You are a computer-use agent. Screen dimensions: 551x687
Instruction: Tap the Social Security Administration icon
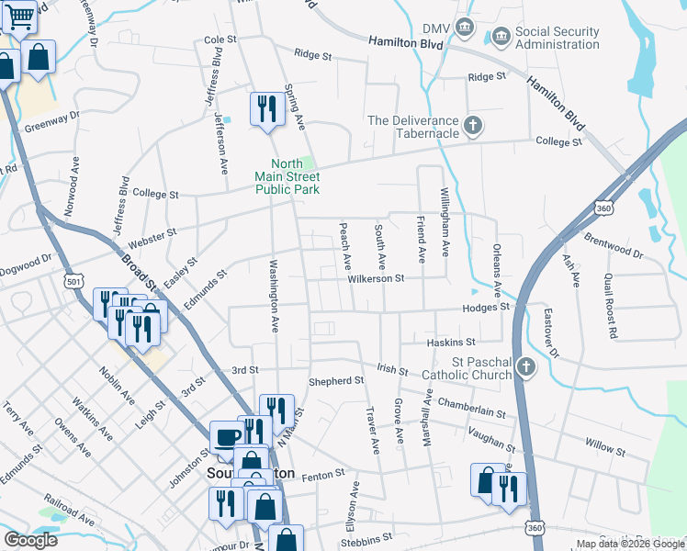pos(501,38)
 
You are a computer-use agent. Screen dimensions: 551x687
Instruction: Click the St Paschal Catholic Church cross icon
pos(524,367)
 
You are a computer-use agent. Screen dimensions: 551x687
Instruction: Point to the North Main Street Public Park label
pos(287,176)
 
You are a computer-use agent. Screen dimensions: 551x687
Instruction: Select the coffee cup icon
pos(226,438)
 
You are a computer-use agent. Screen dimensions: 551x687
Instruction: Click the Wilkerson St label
pos(375,277)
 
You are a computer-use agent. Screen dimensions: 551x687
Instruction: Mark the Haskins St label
pos(449,342)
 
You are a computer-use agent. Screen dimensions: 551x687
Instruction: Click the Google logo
pos(30,540)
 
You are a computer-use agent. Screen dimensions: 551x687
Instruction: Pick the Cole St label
pos(220,40)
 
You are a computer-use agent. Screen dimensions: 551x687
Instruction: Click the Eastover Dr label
pos(551,331)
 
